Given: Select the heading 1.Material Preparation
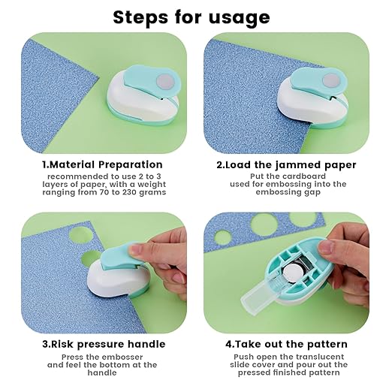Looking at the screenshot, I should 102,164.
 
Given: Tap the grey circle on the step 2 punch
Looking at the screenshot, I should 330,79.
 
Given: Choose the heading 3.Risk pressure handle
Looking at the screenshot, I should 102,345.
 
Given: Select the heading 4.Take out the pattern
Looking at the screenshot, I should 286,345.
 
